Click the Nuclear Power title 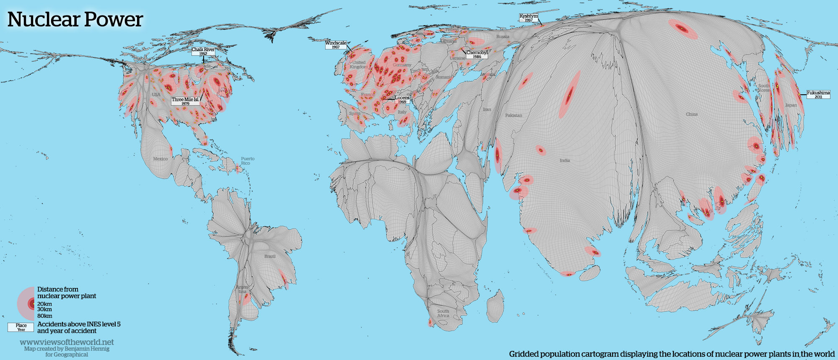(x=75, y=19)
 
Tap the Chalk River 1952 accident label (x=203, y=51)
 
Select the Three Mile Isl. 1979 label (x=185, y=101)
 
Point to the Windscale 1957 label (x=336, y=45)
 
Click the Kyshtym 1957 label (x=528, y=18)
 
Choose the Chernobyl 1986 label (x=477, y=54)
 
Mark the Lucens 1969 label (x=402, y=100)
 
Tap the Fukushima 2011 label (x=818, y=94)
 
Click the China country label (x=692, y=114)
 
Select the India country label (x=565, y=161)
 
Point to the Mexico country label (x=160, y=159)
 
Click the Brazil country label (x=270, y=256)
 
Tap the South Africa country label (x=443, y=313)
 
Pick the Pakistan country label (x=514, y=115)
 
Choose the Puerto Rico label (x=247, y=161)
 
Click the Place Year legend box (x=21, y=327)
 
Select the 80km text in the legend (x=44, y=316)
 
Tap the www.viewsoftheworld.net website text (x=67, y=342)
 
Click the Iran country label (x=486, y=109)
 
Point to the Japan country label (x=791, y=105)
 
